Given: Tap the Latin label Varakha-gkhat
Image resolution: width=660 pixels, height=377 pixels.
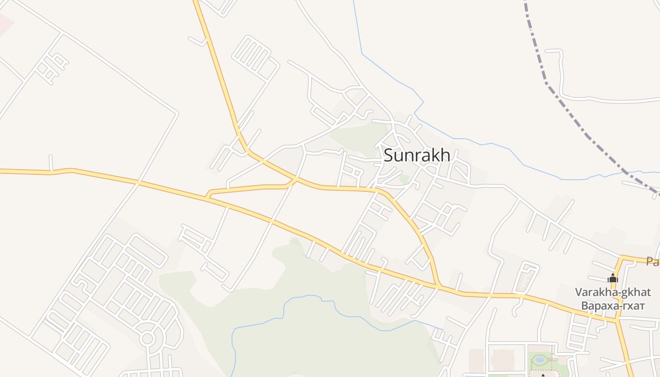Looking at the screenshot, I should click(x=612, y=292).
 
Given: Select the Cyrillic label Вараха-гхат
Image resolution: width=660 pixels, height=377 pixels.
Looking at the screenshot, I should click(x=612, y=306).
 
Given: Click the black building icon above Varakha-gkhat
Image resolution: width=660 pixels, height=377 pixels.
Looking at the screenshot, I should click(x=613, y=279).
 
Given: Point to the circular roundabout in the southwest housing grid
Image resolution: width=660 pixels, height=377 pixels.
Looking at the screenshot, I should click(x=147, y=338).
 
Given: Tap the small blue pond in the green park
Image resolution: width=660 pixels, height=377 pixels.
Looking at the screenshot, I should click(x=540, y=359).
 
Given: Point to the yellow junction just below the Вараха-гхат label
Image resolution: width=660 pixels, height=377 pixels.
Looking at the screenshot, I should click(x=618, y=320).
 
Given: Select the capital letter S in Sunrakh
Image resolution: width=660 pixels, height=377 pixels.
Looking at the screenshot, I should click(x=389, y=155).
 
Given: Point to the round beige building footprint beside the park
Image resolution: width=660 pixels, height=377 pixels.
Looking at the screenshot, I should click(x=502, y=359).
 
